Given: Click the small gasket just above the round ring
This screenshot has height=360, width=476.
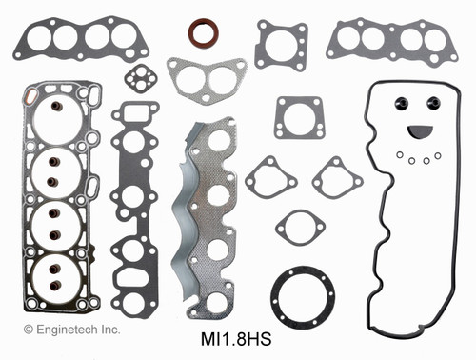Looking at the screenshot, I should tap(300, 229).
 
